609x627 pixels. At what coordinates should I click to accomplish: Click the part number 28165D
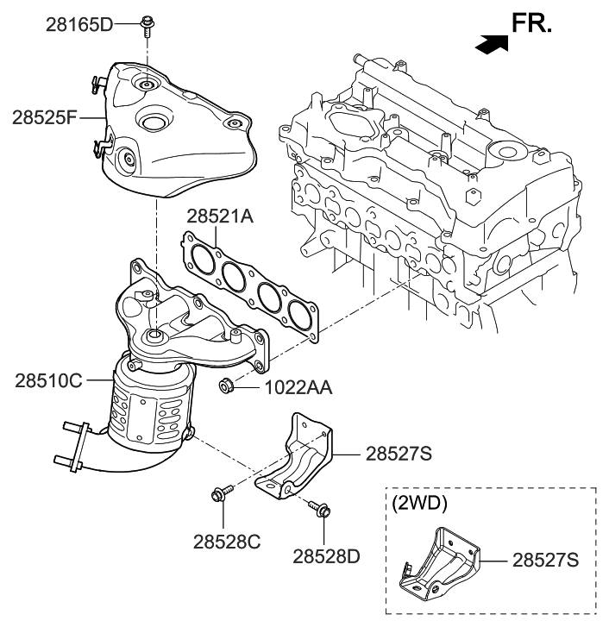[x=79, y=23]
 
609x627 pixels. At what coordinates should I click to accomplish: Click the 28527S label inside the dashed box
[x=546, y=561]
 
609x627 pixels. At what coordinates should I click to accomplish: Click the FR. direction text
[x=531, y=23]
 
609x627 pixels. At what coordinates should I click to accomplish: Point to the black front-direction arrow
[x=489, y=42]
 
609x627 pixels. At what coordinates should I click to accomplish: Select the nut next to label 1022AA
[x=226, y=386]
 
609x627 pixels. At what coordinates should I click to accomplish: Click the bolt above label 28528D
[x=321, y=511]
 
